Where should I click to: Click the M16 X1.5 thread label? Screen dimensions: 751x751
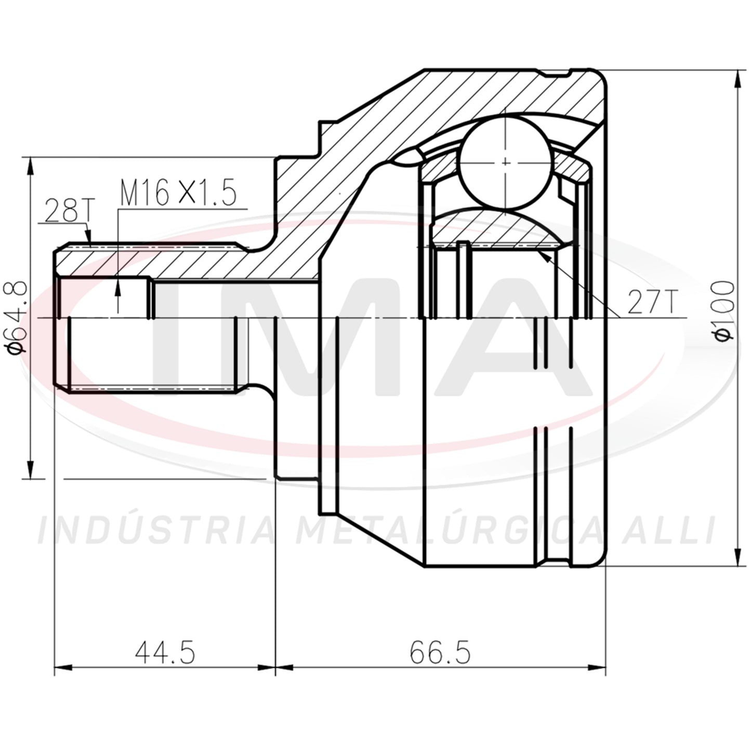pyautogui.click(x=178, y=192)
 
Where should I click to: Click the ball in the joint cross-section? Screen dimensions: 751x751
pyautogui.click(x=505, y=163)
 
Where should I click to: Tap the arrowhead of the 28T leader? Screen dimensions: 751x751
pyautogui.click(x=88, y=235)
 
